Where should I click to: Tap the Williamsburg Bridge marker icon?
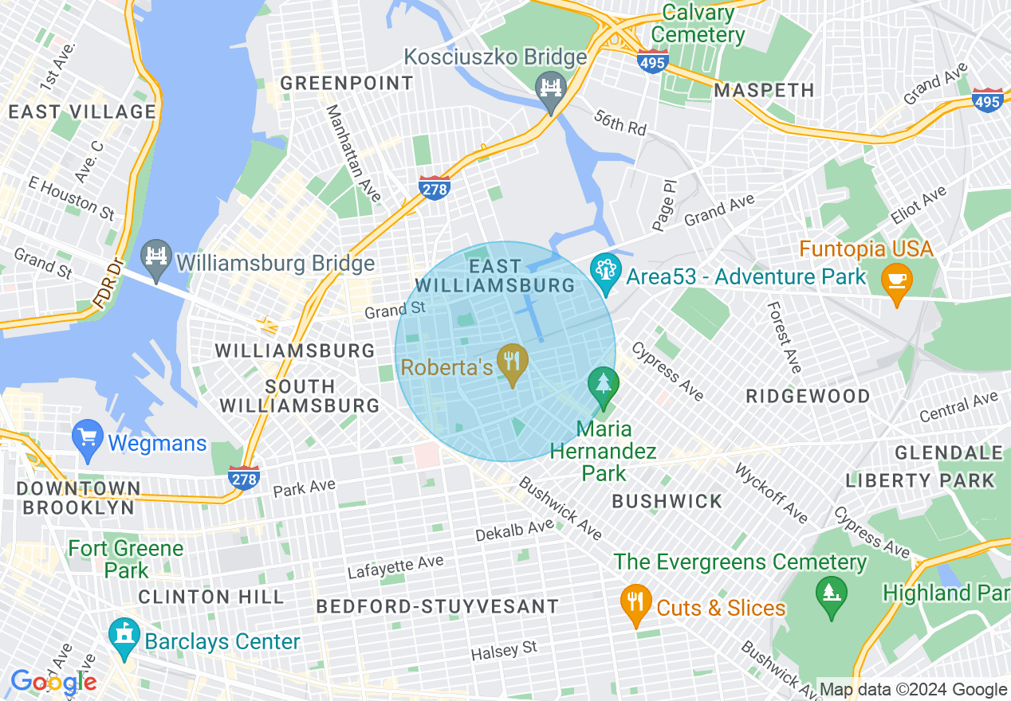tap(157, 259)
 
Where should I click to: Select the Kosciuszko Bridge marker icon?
tap(551, 87)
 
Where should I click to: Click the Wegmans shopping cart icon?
tap(87, 439)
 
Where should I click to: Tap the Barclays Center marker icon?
tap(124, 637)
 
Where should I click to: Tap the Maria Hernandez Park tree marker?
tap(604, 386)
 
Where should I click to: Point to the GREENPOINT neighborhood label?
tap(347, 83)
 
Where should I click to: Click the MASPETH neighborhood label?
tap(764, 90)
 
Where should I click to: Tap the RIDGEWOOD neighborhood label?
tap(808, 396)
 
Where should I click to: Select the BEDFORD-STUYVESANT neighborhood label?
tap(438, 606)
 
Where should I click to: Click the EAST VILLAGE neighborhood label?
tap(82, 112)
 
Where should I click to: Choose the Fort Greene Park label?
tap(126, 559)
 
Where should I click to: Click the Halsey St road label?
tap(504, 651)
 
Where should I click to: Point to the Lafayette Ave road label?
tap(395, 567)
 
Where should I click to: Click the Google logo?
tap(53, 682)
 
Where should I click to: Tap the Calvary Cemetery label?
tap(698, 24)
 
